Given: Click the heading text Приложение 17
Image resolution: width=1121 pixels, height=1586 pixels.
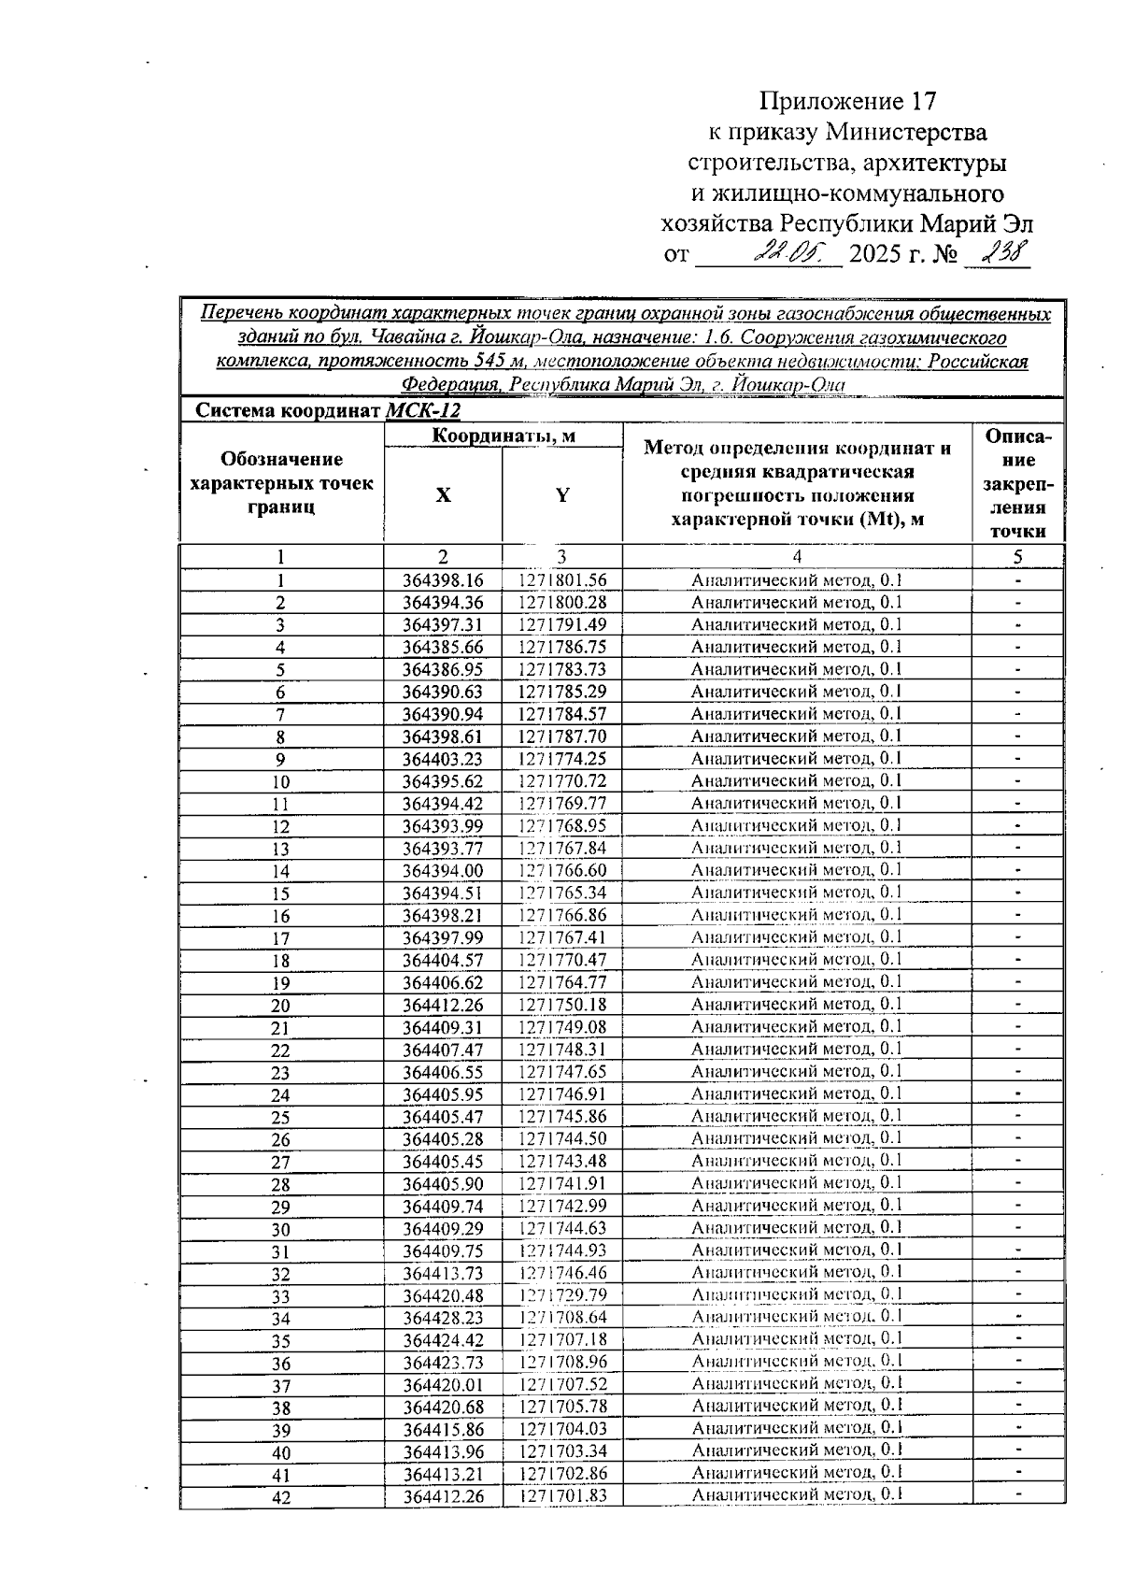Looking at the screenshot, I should tap(846, 101).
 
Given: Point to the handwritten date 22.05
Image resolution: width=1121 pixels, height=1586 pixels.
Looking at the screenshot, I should tap(790, 252).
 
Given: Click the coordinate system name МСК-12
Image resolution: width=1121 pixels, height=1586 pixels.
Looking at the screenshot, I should tap(422, 411).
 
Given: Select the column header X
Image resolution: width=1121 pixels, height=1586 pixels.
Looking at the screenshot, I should tap(442, 496).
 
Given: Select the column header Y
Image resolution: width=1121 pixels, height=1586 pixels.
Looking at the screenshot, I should tap(562, 496).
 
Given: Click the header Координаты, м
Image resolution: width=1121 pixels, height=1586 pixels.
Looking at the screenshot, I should tap(503, 436).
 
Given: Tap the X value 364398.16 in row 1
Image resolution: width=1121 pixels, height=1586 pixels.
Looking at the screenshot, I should tap(443, 580).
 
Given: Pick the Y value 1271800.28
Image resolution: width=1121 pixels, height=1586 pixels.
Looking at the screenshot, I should tap(562, 603).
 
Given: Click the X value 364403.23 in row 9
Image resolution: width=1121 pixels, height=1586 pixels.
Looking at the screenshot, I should tap(443, 759).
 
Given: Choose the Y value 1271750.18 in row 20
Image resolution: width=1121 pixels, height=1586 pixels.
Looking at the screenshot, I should tap(562, 1005).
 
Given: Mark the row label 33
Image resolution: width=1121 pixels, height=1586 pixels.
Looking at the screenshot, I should tap(280, 1296).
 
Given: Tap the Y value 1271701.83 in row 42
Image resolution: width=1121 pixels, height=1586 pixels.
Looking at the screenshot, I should tap(562, 1496).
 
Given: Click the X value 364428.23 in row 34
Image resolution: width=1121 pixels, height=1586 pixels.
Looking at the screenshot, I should tap(443, 1318).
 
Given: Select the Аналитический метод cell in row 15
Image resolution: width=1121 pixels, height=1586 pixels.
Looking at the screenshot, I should tap(797, 893).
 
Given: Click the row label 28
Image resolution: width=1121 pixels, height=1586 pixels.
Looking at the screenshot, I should tap(280, 1185).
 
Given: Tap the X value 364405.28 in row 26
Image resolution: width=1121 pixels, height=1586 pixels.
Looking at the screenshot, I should tap(443, 1138).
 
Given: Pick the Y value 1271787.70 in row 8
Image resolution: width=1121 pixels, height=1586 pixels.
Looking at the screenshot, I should tap(562, 736).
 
